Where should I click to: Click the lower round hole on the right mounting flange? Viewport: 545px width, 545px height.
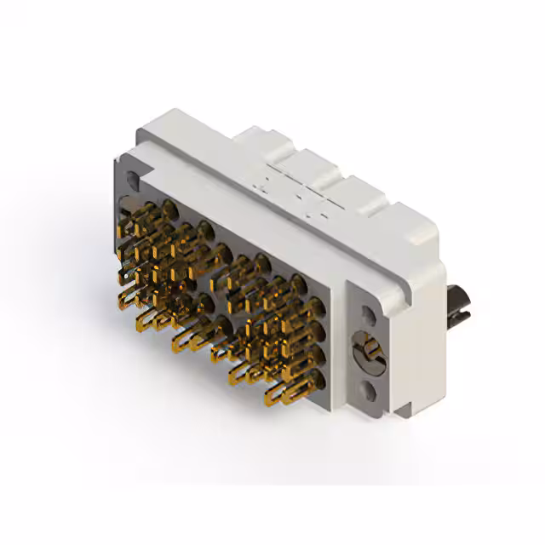tap(369, 391)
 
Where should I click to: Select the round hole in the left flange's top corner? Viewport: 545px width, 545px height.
tap(130, 181)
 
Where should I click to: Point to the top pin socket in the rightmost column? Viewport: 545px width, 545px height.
tap(297, 283)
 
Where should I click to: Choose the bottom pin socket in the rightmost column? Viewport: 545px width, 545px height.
tap(317, 376)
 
